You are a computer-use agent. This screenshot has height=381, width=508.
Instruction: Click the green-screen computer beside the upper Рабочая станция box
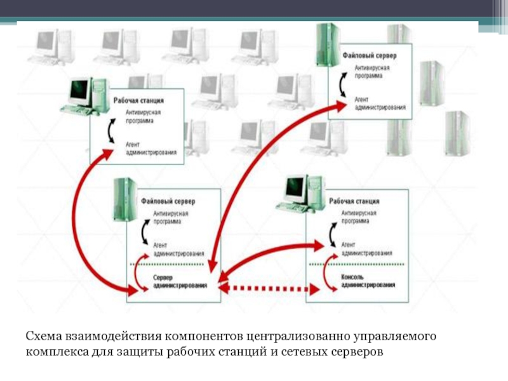pos(81,96)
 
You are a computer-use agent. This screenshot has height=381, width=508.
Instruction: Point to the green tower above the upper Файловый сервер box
pos(326,44)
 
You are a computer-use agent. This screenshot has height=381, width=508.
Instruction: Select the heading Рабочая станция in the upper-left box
pos(138,100)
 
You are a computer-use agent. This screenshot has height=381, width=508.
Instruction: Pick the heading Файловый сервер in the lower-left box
pos(173,201)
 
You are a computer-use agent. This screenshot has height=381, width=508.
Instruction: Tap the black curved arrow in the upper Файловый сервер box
pos(342,84)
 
